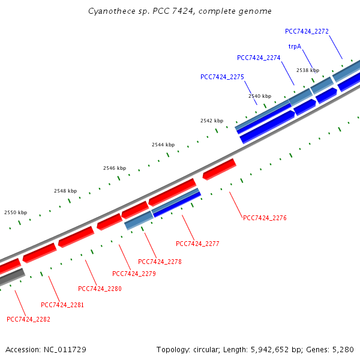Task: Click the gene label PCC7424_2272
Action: (307, 31)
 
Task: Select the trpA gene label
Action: (295, 46)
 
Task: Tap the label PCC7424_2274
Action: (259, 58)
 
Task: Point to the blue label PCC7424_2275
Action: (222, 77)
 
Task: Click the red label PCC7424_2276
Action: (265, 218)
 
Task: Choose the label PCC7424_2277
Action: (197, 244)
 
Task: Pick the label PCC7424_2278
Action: (160, 262)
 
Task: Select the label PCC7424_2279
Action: (134, 274)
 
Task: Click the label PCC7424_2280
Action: (100, 289)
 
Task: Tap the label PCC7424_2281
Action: (62, 305)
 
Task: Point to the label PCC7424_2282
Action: (28, 319)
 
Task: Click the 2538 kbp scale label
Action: (307, 71)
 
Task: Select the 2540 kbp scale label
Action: (260, 96)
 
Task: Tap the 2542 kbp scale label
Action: (212, 121)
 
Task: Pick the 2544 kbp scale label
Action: (163, 145)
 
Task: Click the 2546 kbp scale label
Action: (115, 168)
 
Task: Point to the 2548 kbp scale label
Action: (65, 191)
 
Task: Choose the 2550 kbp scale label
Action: (16, 212)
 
